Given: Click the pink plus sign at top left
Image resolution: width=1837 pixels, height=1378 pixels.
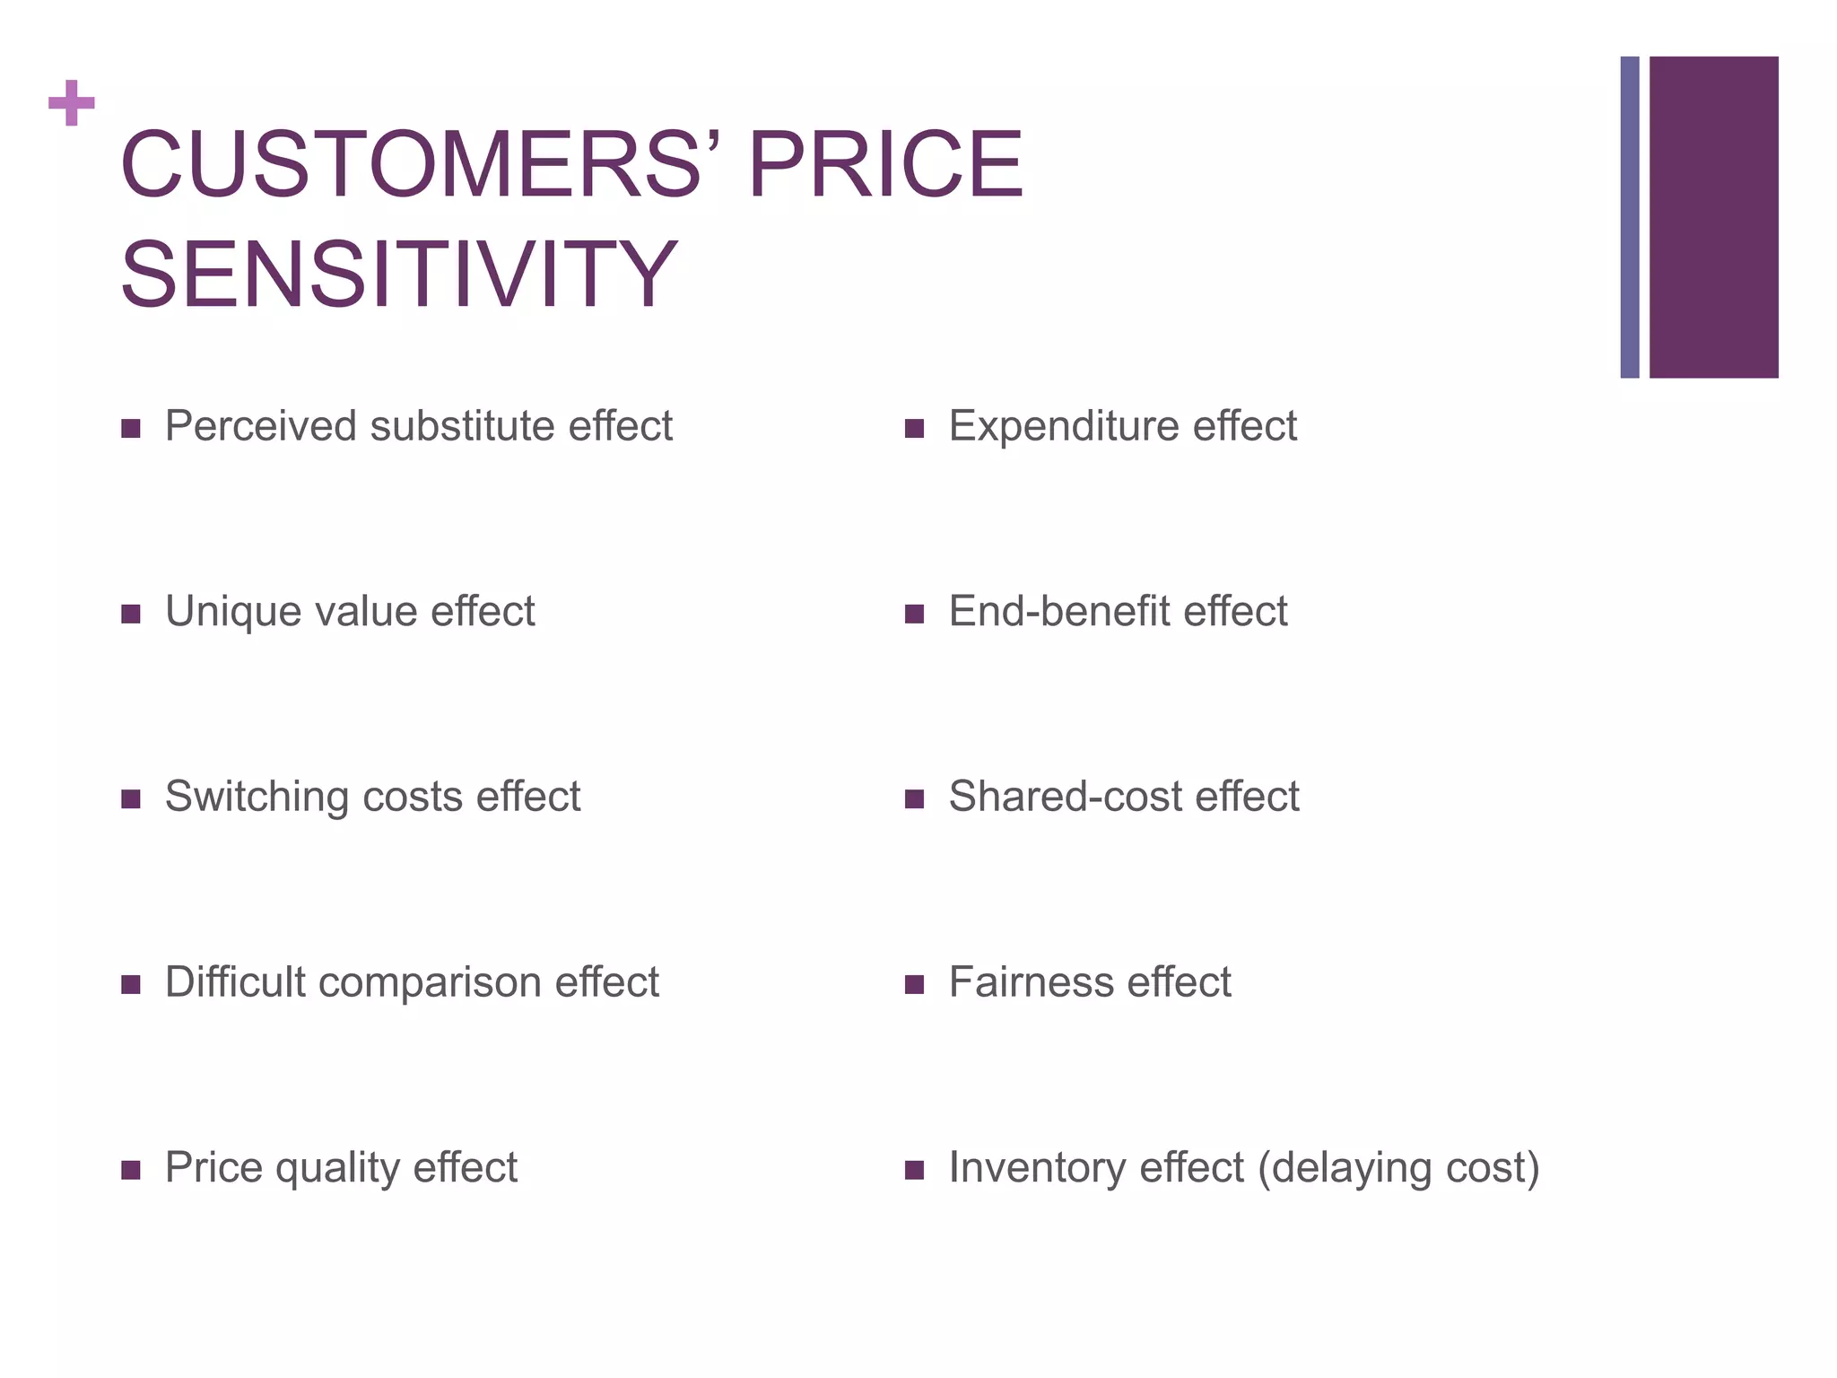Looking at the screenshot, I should [x=72, y=103].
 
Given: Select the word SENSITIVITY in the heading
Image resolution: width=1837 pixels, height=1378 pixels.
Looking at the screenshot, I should [x=398, y=275].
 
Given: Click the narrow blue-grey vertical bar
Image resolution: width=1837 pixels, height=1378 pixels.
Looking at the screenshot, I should [x=1629, y=217].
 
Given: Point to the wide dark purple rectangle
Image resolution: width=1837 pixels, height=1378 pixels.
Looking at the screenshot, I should [x=1713, y=217].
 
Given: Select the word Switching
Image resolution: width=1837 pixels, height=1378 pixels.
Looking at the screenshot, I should [x=257, y=797].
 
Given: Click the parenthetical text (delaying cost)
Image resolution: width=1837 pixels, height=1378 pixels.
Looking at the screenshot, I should [x=1398, y=1168].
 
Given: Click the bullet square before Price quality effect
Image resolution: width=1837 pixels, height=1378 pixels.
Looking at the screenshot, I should [x=131, y=1170].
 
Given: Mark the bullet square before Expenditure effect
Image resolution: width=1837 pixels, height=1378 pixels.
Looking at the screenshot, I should [x=914, y=429].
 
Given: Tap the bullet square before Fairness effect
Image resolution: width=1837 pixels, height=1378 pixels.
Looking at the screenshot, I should [x=914, y=985].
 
